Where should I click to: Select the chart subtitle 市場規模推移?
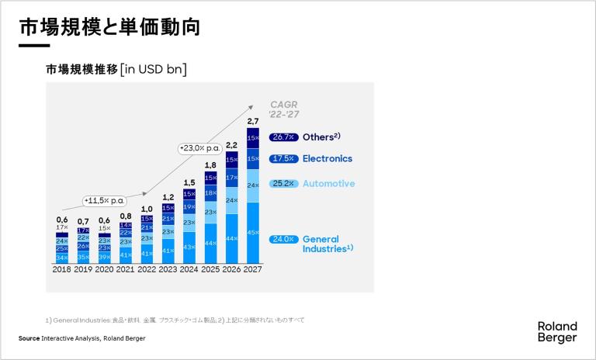pos(81,69)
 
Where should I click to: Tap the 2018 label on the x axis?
pos(61,270)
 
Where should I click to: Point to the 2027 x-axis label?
pos(252,270)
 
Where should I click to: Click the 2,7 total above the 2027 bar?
pos(252,122)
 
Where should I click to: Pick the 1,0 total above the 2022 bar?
pos(147,209)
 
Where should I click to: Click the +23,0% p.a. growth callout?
pos(200,147)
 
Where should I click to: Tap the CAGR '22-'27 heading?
pos(283,109)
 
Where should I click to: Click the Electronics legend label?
pos(327,159)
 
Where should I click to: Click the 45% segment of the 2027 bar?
pos(252,233)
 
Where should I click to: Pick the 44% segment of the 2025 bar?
pos(210,243)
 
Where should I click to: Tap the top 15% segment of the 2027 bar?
pos(252,138)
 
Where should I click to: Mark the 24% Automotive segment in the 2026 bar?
pos(231,200)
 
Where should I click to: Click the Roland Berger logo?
pos(556,332)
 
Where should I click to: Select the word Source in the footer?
pos(29,339)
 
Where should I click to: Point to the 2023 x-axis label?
pos(168,270)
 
